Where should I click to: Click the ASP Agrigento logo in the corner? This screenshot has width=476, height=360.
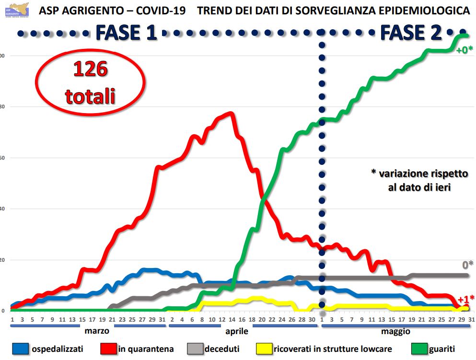pyautogui.click(x=16, y=10)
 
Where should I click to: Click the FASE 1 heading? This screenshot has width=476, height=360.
pyautogui.click(x=126, y=33)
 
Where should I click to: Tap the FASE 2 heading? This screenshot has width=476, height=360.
pyautogui.click(x=410, y=33)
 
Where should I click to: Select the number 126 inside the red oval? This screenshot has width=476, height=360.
pyautogui.click(x=90, y=71)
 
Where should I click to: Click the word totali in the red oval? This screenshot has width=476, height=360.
pyautogui.click(x=90, y=96)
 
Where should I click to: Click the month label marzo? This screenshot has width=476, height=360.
pyautogui.click(x=97, y=331)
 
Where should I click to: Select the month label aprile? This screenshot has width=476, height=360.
pyautogui.click(x=237, y=331)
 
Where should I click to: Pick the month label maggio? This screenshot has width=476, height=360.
pyautogui.click(x=396, y=331)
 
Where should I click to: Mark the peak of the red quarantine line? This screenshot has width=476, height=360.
pyautogui.click(x=231, y=114)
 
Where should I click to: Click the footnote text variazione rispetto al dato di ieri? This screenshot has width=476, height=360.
pyautogui.click(x=419, y=180)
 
